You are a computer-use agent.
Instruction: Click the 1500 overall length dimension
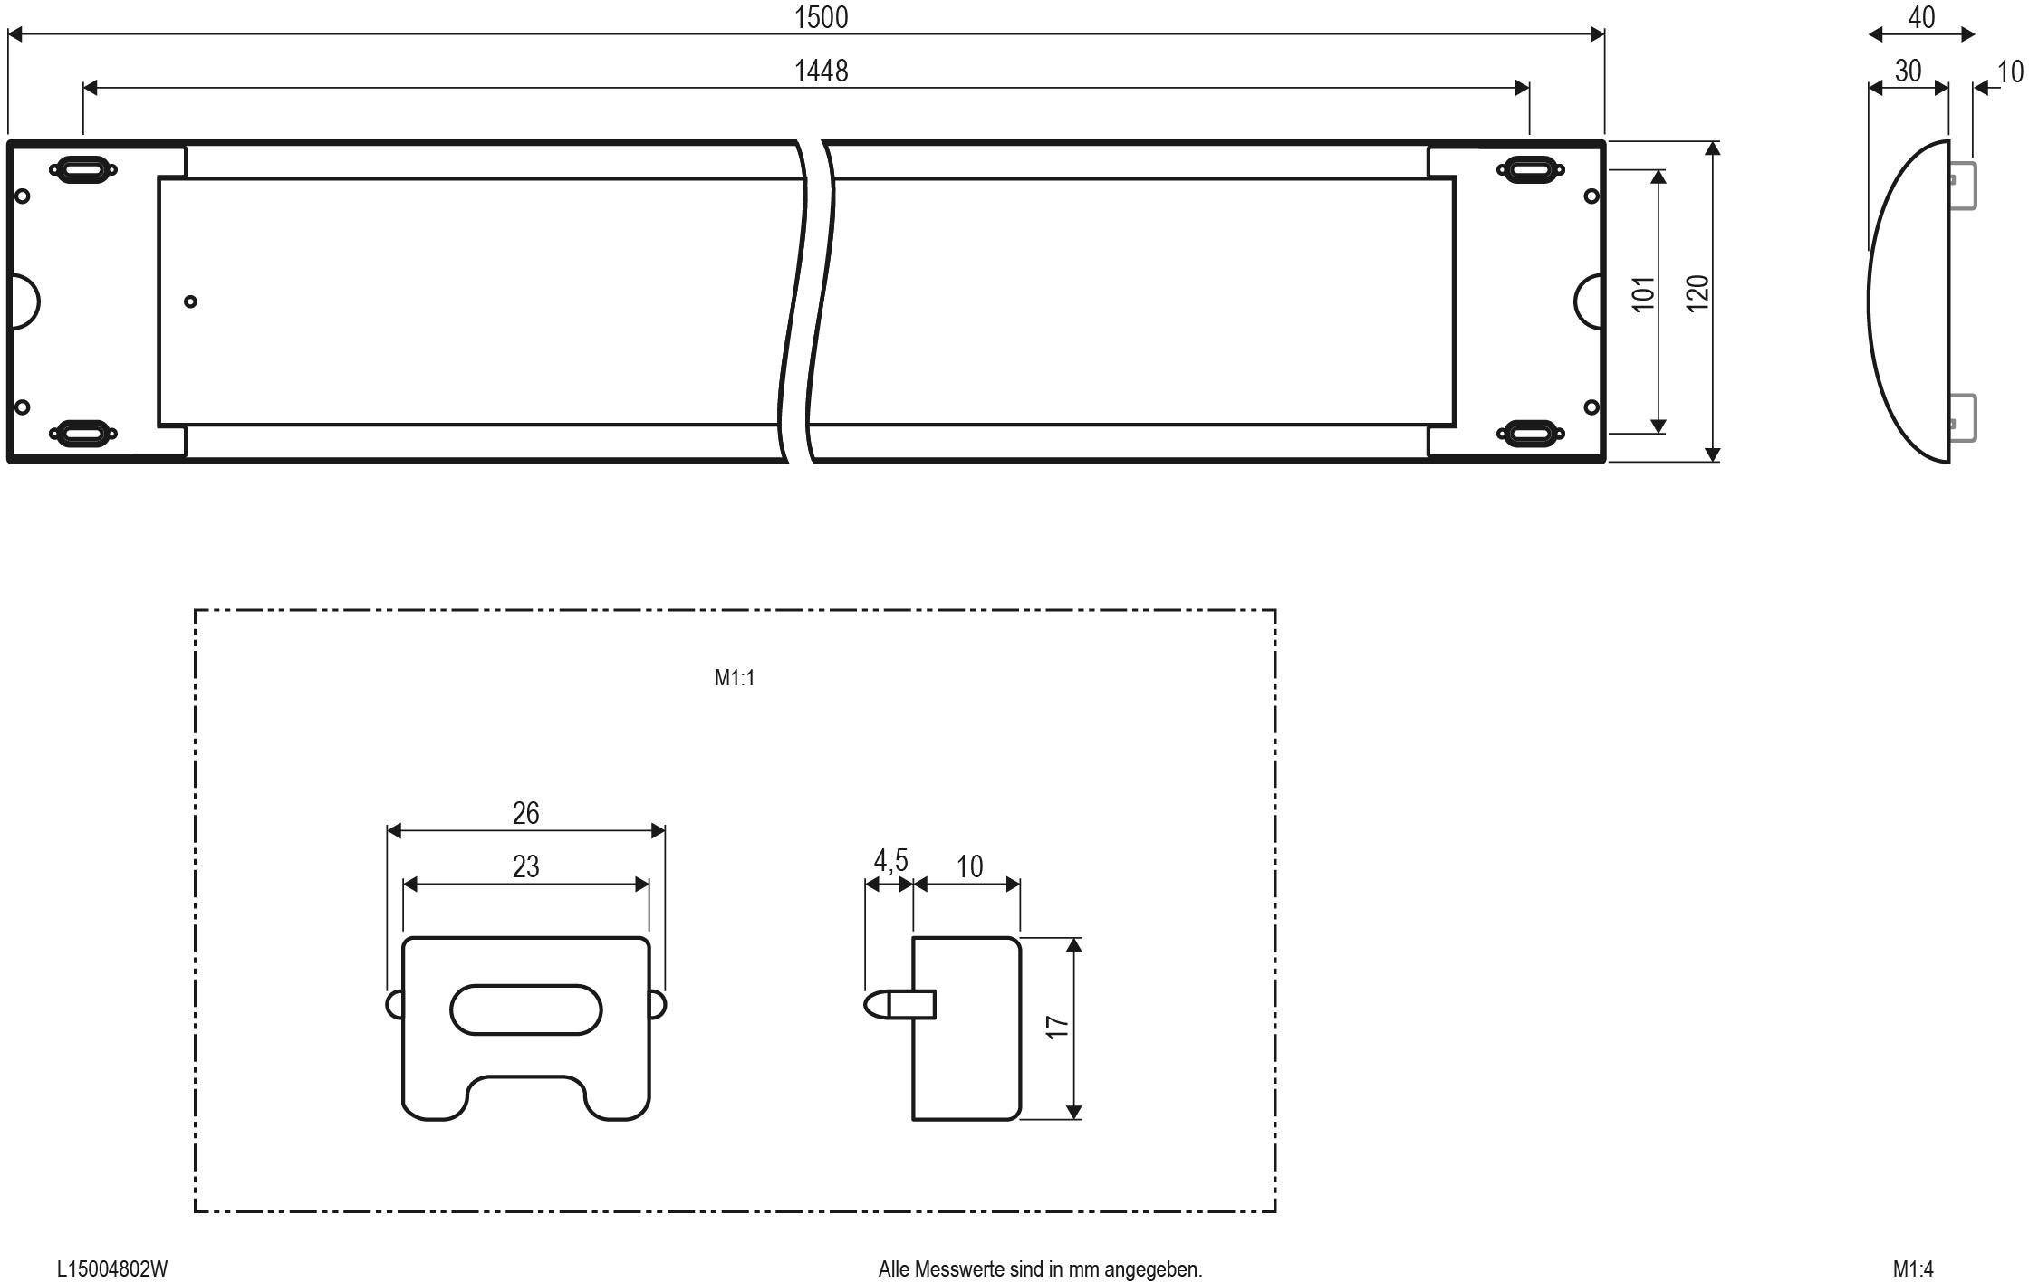click(821, 17)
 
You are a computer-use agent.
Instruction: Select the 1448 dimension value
click(821, 71)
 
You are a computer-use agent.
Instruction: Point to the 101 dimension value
click(1643, 294)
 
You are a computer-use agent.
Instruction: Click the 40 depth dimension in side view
click(1921, 17)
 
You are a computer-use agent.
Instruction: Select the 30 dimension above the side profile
click(1908, 71)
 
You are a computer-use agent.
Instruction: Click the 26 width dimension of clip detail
click(525, 813)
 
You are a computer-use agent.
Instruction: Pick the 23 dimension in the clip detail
click(525, 866)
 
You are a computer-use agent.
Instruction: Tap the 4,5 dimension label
click(890, 860)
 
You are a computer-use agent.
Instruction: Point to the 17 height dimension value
click(1057, 1027)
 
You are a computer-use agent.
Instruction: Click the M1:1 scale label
click(735, 678)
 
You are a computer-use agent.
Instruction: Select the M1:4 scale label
click(1913, 1269)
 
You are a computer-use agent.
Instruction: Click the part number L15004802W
click(112, 1269)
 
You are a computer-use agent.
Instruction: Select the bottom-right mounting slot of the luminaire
click(1530, 433)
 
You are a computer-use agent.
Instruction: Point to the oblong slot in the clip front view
click(525, 1009)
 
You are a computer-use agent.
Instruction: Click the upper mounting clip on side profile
click(1962, 186)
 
